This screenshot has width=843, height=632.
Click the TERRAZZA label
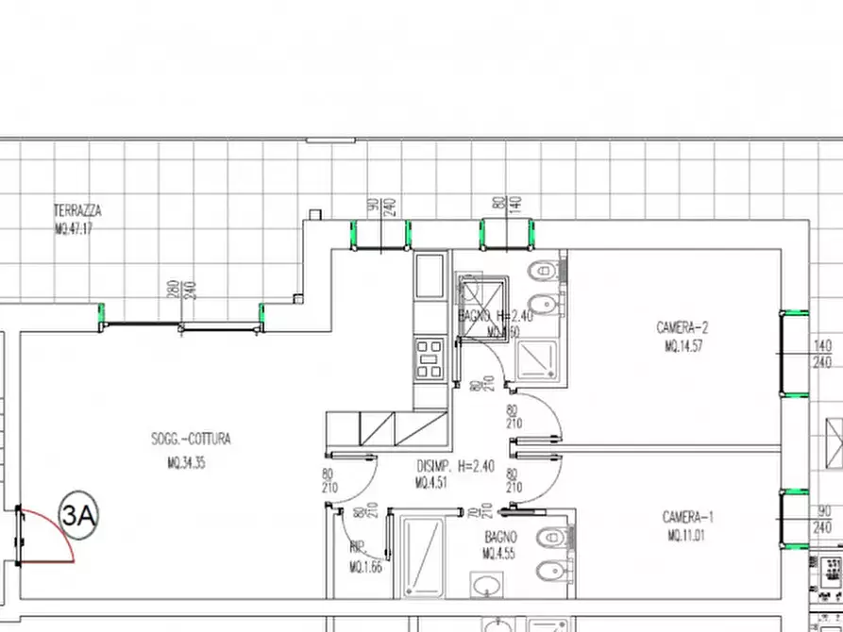77,210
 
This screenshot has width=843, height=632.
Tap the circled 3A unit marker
79,515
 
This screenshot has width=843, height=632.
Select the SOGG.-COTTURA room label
191,439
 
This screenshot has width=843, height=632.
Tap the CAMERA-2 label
683,328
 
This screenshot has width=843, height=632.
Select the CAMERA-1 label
688,517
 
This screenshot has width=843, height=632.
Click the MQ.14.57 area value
683,346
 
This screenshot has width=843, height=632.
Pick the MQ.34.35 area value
187,463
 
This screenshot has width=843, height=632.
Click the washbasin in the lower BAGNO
486,586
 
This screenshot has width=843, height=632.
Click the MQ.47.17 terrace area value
74,228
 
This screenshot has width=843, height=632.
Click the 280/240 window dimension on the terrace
180,290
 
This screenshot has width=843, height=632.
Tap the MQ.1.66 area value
364,567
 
